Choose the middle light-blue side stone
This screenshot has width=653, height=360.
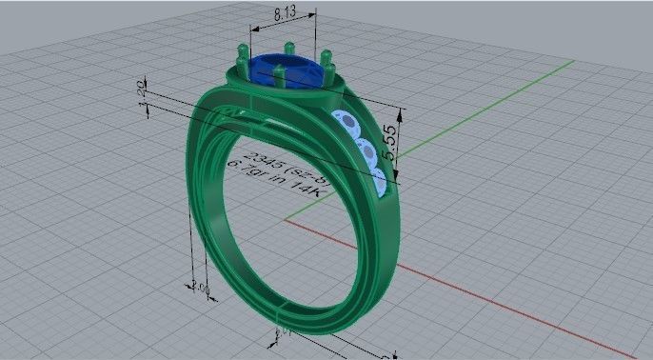(366, 150)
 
